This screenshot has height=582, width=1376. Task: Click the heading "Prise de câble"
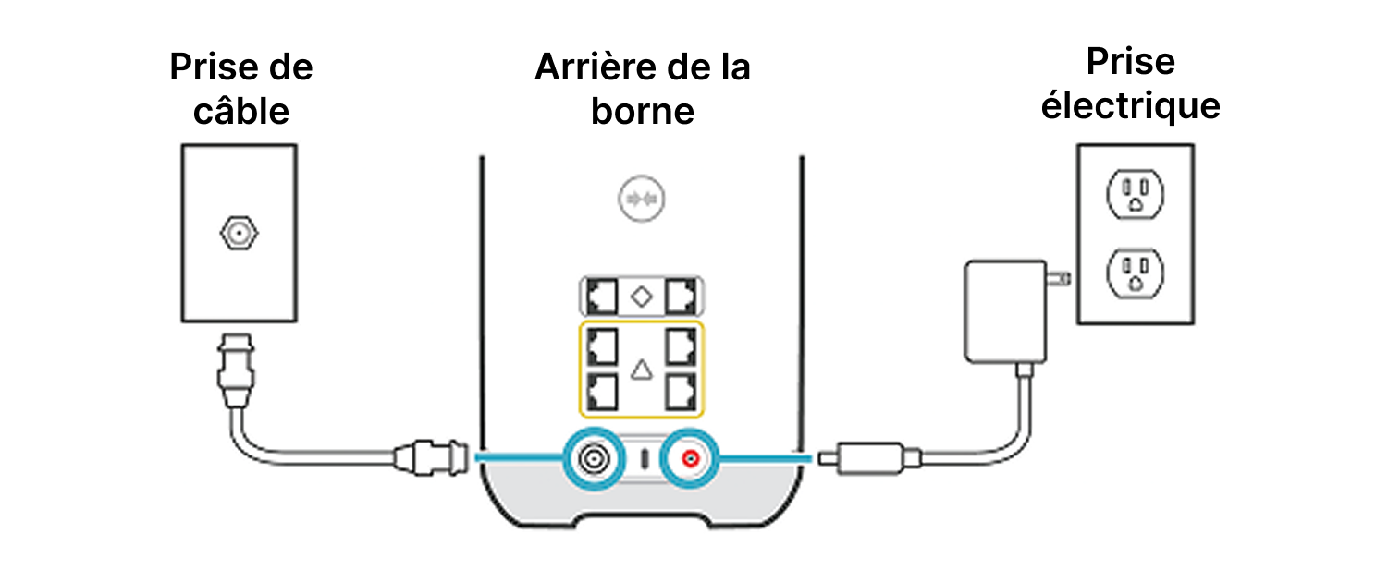241,89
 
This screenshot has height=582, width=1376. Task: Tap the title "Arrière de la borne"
643,89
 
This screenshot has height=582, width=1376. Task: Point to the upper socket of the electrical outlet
1135,194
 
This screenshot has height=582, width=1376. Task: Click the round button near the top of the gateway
643,199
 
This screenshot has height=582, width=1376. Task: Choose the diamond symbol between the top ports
643,297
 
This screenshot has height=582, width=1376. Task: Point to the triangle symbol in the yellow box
642,370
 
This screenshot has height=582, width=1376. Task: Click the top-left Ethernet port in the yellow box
603,345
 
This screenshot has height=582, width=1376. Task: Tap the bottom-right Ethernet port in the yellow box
681,392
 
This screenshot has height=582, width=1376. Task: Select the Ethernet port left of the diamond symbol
603,297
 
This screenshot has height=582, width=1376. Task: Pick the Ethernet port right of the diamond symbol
682,297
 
